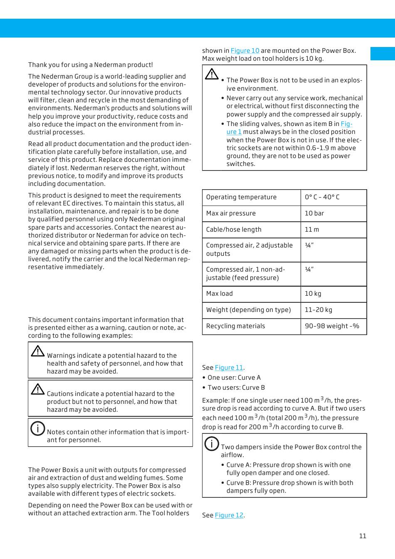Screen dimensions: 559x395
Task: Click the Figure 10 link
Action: tap(245, 51)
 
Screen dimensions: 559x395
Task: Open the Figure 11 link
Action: tap(229, 368)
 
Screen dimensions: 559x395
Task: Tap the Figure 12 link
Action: tap(229, 515)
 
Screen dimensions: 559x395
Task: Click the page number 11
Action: tap(363, 536)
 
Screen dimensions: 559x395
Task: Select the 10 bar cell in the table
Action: tap(314, 213)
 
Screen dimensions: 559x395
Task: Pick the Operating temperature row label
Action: tap(241, 197)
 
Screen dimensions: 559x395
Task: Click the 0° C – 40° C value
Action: tap(322, 197)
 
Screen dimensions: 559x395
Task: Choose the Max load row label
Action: tap(220, 294)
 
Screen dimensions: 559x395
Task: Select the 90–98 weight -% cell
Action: tap(332, 326)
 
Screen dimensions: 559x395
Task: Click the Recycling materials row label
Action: tap(235, 326)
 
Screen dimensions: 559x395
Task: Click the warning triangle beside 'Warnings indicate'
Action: tap(37, 351)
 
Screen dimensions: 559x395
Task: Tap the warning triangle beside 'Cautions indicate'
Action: tap(37, 389)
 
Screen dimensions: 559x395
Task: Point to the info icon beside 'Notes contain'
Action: tap(37, 428)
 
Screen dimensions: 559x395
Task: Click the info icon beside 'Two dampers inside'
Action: tap(212, 443)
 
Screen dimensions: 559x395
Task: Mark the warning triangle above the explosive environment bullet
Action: tap(212, 74)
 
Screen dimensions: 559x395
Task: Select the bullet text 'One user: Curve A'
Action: tap(234, 378)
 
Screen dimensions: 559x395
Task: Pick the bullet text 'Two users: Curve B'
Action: tap(236, 388)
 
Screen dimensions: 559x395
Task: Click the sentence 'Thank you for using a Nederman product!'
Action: tap(90, 65)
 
